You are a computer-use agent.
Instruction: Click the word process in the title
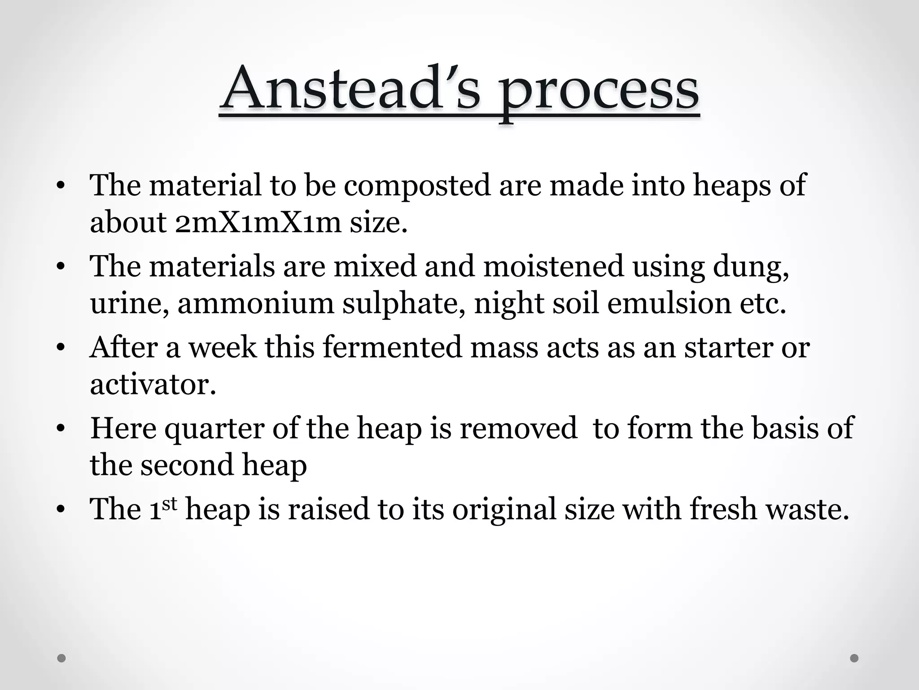(x=600, y=92)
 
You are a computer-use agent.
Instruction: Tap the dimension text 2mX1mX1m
(x=258, y=222)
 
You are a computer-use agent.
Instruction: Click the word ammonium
(x=256, y=303)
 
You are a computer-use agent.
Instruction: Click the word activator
(x=153, y=385)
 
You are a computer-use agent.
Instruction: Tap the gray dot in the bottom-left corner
(x=62, y=658)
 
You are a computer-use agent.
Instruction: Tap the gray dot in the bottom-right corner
(x=854, y=658)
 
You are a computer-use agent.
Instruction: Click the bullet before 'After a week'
(x=61, y=348)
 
